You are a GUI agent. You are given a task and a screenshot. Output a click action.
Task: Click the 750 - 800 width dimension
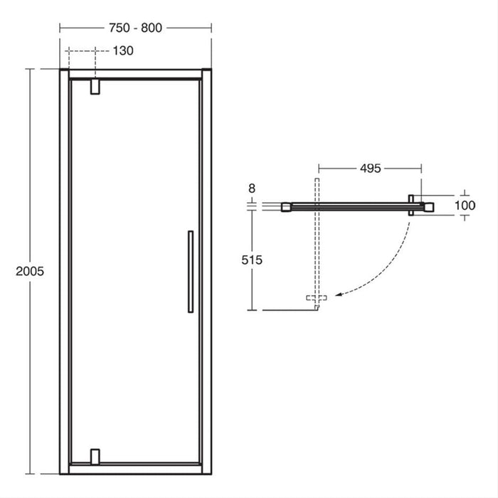point(135,28)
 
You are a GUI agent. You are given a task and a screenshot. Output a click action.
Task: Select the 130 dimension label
point(123,51)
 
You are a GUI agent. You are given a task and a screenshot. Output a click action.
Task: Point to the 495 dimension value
point(370,169)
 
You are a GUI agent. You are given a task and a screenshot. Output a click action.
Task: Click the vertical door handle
point(189,271)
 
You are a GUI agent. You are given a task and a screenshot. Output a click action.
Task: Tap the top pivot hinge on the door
point(95,87)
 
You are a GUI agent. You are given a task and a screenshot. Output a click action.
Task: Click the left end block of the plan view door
point(286,206)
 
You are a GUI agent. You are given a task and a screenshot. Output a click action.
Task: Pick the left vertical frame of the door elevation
point(64,271)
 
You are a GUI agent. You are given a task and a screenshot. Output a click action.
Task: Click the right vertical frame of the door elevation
point(205,271)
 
